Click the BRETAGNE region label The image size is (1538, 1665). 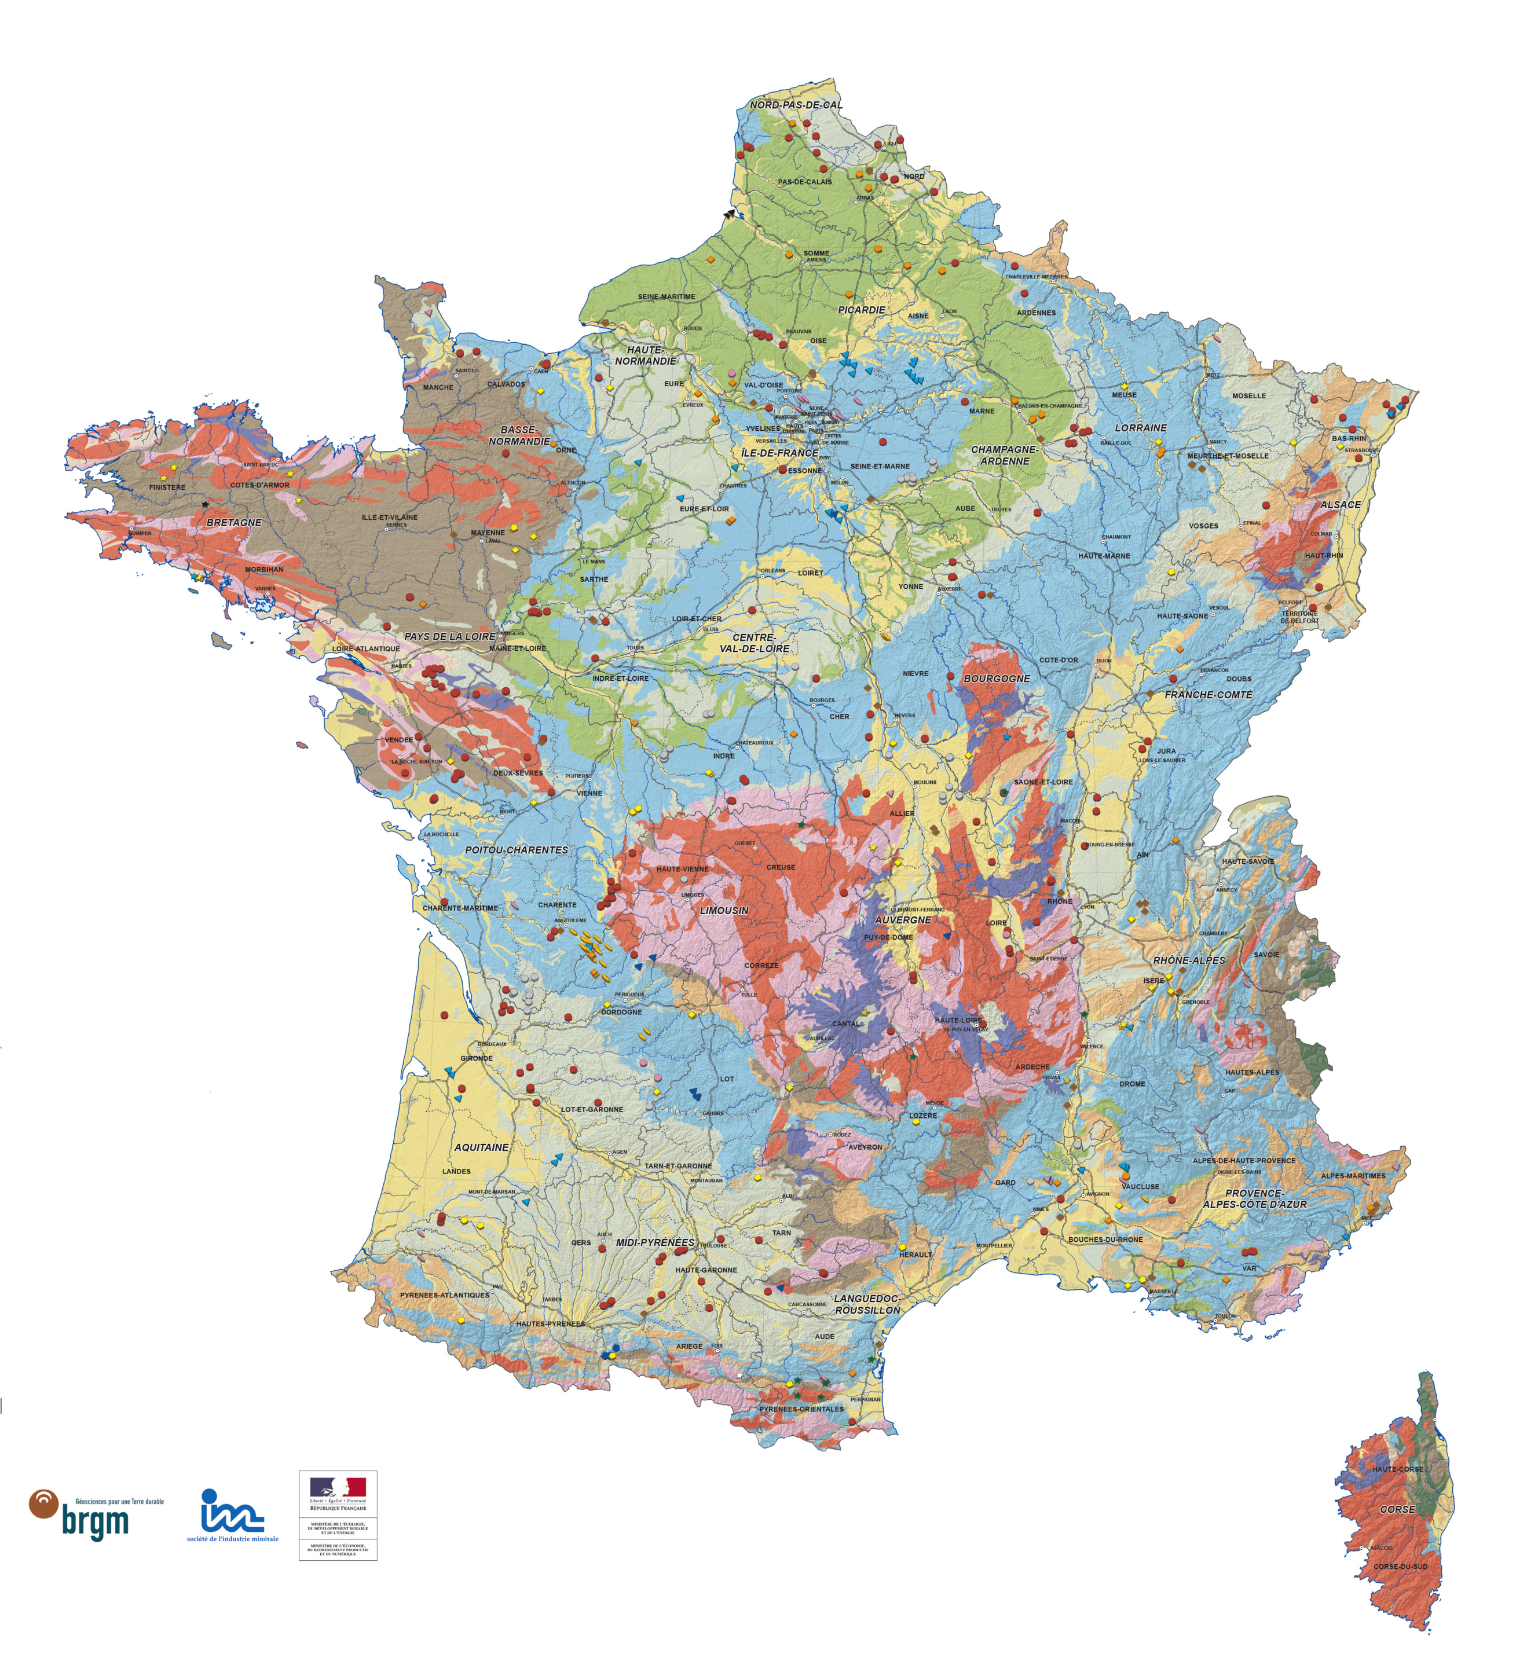[x=234, y=523]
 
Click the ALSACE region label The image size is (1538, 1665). [x=1341, y=505]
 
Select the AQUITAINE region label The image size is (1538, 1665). [x=481, y=1147]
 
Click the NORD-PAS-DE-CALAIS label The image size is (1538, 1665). [x=796, y=106]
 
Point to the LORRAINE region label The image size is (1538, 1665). [x=1141, y=428]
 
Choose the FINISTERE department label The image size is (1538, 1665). [x=167, y=487]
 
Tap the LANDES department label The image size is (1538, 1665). [x=456, y=1172]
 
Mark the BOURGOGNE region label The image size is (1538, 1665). [x=996, y=679]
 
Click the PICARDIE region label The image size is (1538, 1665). [x=862, y=310]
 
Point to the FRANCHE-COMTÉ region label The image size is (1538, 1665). [x=1209, y=695]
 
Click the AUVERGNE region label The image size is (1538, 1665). [x=903, y=920]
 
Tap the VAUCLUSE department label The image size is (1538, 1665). [x=1140, y=1187]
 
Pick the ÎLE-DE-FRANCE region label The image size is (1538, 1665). [x=780, y=453]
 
